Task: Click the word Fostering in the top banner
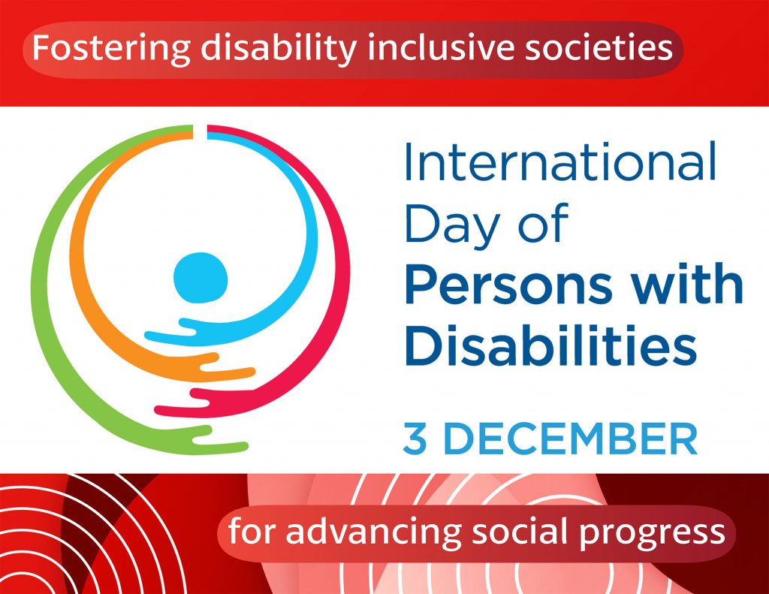click(111, 49)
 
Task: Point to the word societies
click(599, 47)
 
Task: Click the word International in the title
click(560, 161)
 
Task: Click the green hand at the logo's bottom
click(222, 438)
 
